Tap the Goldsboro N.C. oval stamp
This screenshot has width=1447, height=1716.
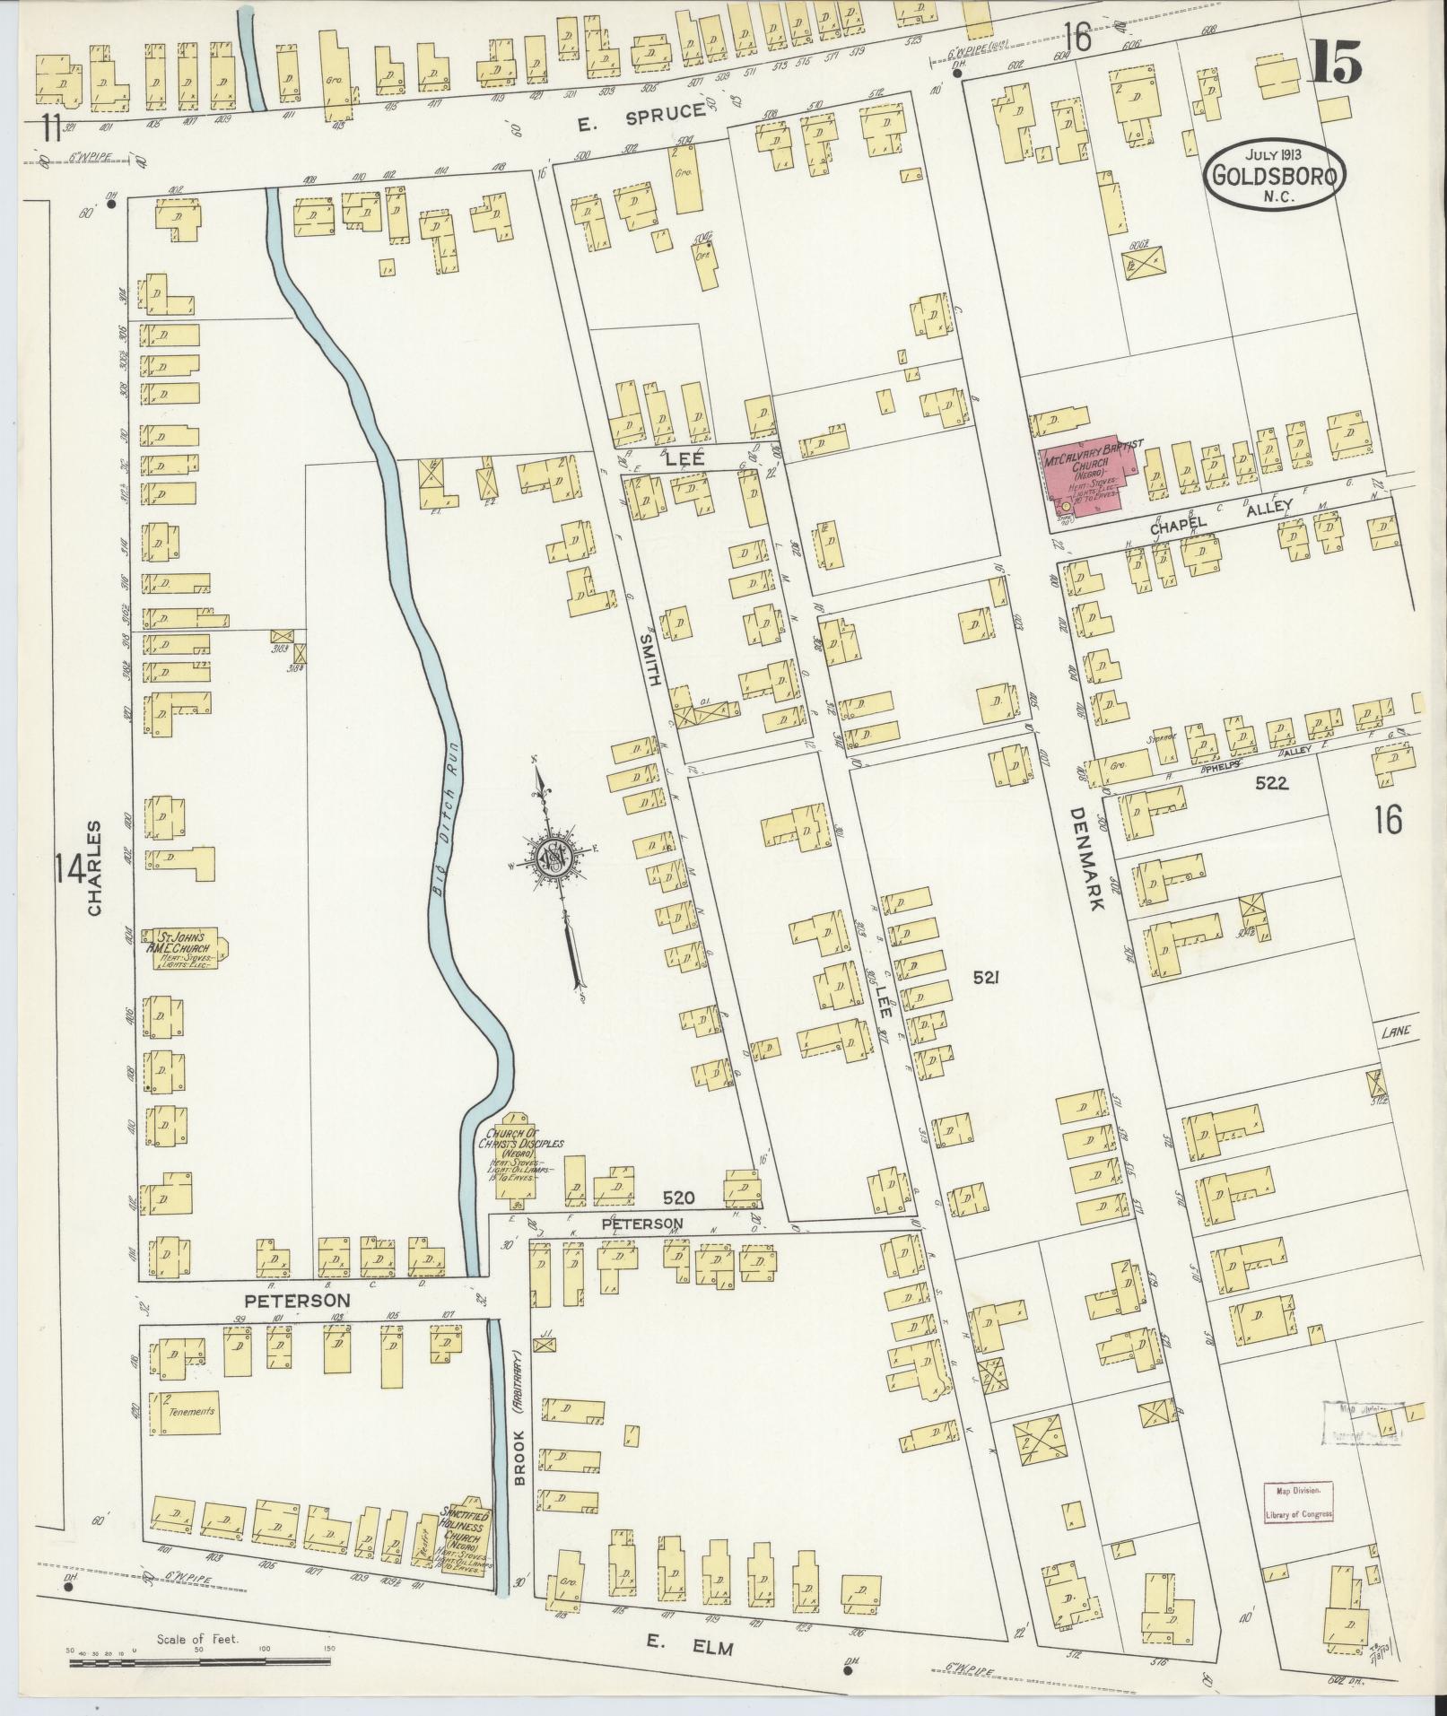[x=1275, y=175]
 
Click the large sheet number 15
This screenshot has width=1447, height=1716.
[x=1334, y=63]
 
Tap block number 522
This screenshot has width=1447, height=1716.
[x=1271, y=783]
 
